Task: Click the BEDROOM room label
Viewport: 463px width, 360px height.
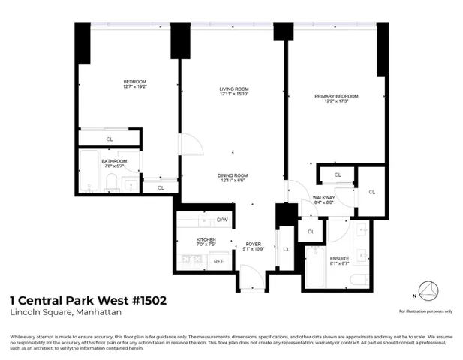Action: click(135, 81)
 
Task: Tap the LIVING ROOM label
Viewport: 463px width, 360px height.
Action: click(233, 88)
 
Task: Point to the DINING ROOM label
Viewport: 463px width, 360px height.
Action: click(234, 175)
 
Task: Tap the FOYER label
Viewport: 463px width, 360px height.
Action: click(253, 244)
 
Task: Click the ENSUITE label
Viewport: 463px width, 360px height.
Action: click(339, 258)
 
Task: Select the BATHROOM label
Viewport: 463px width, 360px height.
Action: click(114, 161)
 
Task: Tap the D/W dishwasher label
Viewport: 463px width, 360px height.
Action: click(222, 220)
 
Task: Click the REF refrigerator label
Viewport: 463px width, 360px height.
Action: click(218, 261)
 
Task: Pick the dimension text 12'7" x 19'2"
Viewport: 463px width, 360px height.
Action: click(135, 87)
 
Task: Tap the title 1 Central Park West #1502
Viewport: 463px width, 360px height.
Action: click(87, 301)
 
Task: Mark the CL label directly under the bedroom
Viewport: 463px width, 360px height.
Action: click(110, 139)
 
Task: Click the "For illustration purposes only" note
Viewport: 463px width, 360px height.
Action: click(425, 310)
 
